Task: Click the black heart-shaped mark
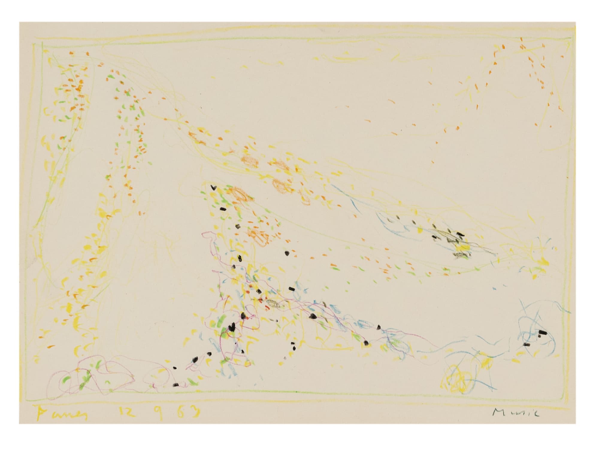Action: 213,188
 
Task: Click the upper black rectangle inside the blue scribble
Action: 542,332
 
